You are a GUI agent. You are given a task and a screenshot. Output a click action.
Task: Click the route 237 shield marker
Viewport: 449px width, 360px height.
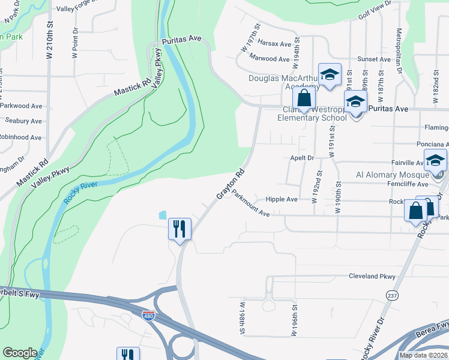392,295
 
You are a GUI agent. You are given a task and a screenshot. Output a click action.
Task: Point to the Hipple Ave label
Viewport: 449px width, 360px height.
282,199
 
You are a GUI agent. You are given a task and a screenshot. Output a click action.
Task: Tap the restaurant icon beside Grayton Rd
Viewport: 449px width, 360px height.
179,229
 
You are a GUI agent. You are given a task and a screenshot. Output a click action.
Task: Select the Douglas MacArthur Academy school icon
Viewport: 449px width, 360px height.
330,74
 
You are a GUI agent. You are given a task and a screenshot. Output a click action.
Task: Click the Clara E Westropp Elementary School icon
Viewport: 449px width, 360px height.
355,101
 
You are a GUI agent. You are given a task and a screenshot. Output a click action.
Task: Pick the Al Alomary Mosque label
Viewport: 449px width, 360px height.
390,175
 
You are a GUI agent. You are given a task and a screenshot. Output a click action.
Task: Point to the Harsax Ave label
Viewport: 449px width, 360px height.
274,44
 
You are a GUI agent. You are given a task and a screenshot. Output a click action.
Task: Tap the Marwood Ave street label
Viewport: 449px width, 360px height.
270,59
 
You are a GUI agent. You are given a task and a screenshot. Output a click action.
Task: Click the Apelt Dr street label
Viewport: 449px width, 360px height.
302,158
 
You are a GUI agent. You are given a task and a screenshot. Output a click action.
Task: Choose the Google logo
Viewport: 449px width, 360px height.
20,353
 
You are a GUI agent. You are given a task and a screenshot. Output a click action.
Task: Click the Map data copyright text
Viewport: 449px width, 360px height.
423,355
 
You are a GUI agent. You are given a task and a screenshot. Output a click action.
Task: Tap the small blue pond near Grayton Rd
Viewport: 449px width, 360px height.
161,215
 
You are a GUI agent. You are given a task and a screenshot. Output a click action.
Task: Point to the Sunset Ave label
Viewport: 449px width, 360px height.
374,59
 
